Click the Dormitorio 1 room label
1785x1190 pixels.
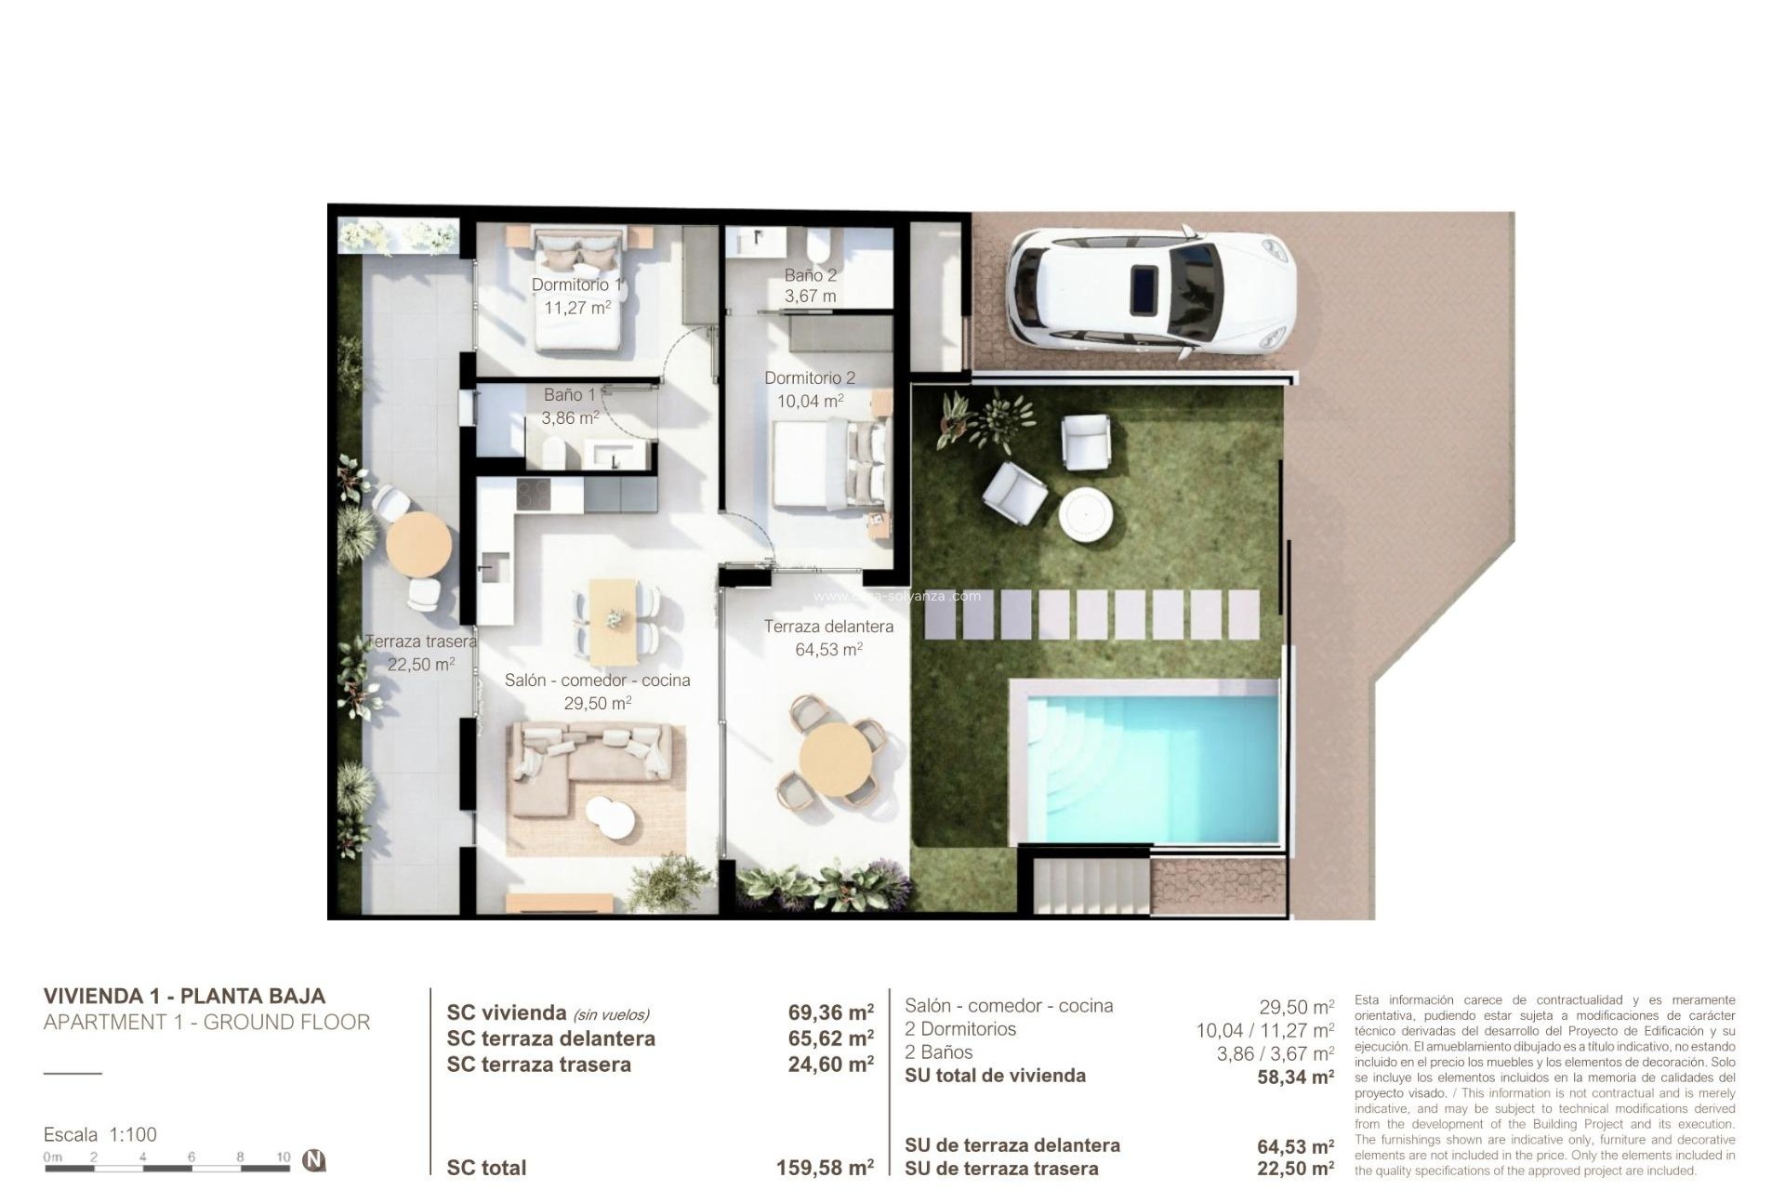point(576,284)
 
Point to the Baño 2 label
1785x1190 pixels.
point(810,275)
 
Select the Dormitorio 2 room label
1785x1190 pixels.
point(809,378)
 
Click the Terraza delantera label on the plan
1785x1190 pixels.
point(828,627)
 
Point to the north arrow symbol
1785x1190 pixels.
point(315,1160)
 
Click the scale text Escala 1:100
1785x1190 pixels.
point(100,1134)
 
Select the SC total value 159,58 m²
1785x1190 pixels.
point(825,1168)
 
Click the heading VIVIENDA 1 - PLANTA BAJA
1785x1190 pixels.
point(184,996)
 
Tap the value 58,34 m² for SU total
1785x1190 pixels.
point(1295,1077)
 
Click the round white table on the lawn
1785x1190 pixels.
point(1086,513)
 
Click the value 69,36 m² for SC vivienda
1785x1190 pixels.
point(830,1012)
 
